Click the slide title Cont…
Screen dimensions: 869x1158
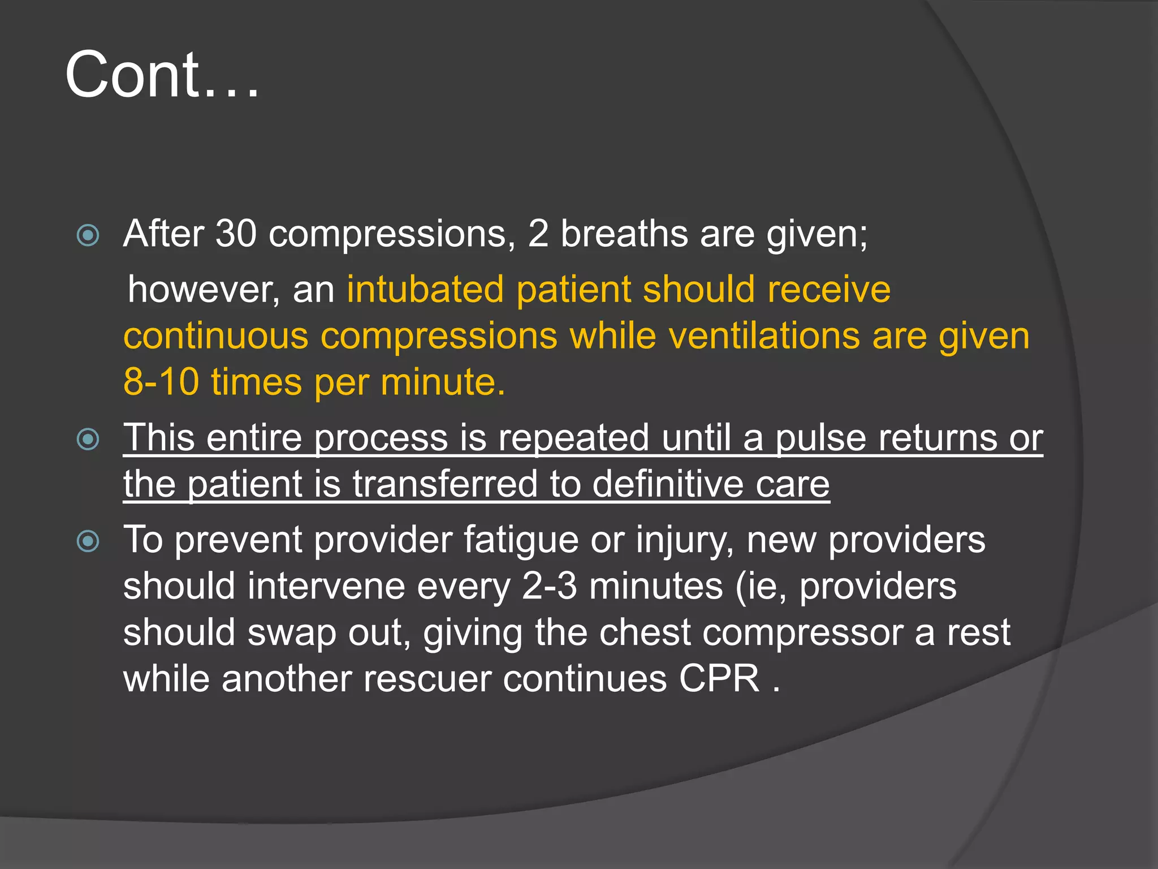click(x=162, y=75)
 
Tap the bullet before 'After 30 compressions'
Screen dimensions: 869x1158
click(x=88, y=235)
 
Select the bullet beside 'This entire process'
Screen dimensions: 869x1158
click(x=88, y=439)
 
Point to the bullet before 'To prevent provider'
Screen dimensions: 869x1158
click(x=88, y=541)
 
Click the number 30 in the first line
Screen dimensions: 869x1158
click(x=236, y=234)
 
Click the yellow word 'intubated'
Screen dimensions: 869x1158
click(x=425, y=290)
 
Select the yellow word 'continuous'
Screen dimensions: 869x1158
click(x=215, y=336)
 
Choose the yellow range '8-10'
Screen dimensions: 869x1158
click(x=161, y=382)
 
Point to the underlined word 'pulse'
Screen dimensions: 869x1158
click(x=820, y=438)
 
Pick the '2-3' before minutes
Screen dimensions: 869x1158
click(x=549, y=587)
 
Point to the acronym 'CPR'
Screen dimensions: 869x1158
click(x=719, y=679)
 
